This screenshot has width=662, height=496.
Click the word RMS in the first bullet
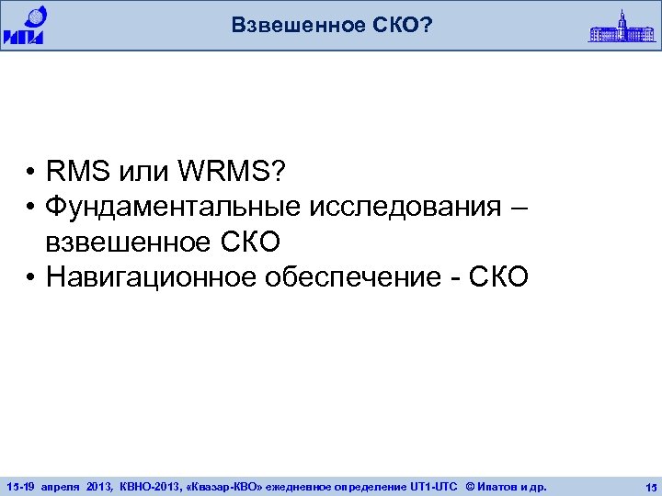(x=76, y=170)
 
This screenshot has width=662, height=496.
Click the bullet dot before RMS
(x=31, y=171)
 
